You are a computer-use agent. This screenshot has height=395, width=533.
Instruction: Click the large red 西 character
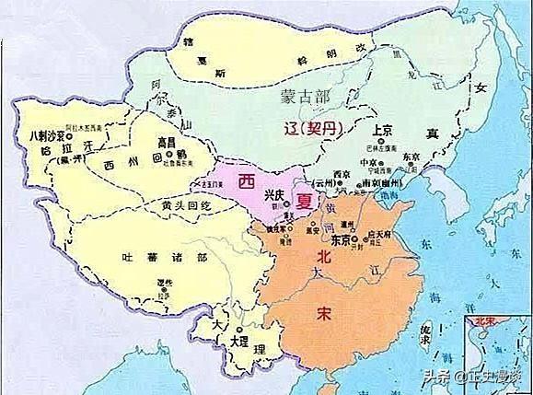(246, 180)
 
